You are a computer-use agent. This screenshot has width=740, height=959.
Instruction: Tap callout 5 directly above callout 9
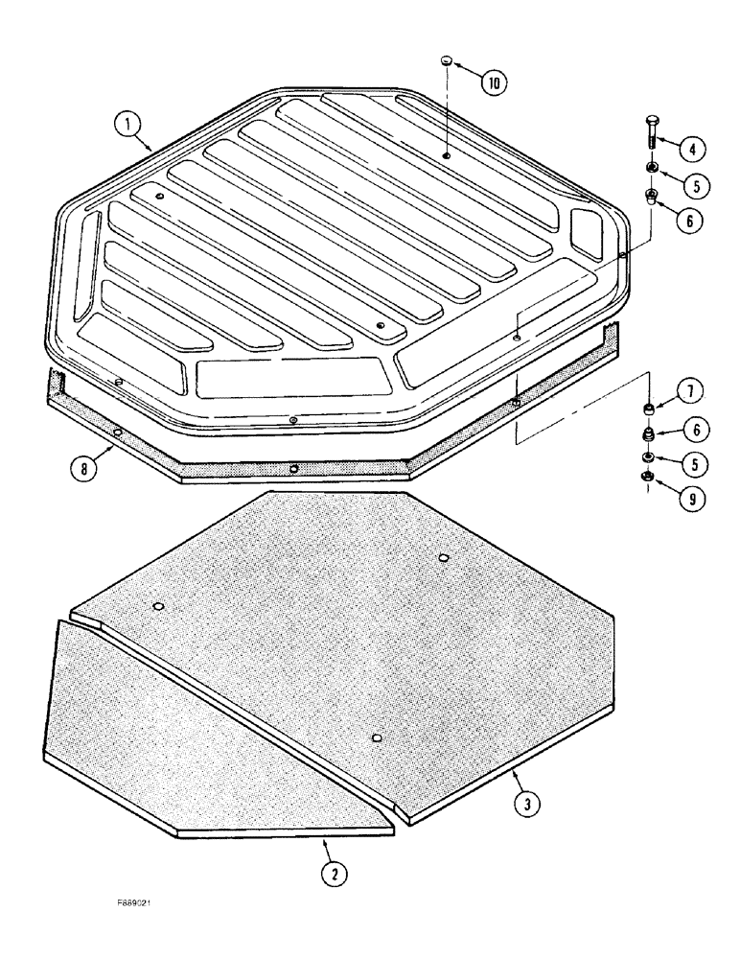pyautogui.click(x=695, y=463)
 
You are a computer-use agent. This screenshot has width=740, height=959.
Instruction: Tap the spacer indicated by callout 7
pyautogui.click(x=650, y=410)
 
